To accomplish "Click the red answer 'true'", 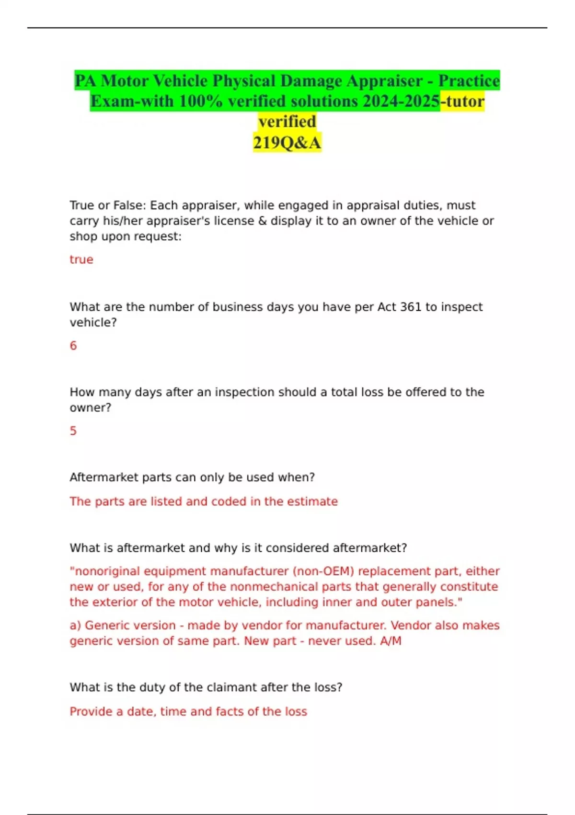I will pyautogui.click(x=81, y=259).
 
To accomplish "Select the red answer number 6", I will pyautogui.click(x=73, y=346).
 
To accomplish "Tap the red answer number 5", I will pyautogui.click(x=73, y=431).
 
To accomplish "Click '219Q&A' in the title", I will pyautogui.click(x=287, y=142).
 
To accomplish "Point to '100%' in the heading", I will pyautogui.click(x=201, y=101).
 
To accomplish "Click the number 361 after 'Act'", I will pyautogui.click(x=411, y=307).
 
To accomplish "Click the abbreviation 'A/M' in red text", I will pyautogui.click(x=391, y=641).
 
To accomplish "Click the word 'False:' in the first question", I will pyautogui.click(x=129, y=205).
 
